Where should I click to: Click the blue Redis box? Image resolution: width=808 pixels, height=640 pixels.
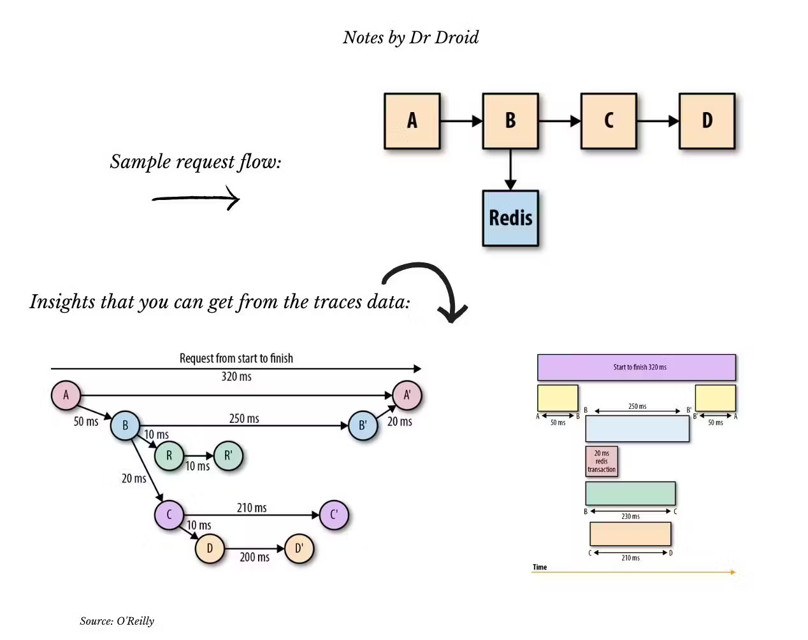(x=510, y=218)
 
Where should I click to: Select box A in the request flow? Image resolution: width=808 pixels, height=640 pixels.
(x=412, y=121)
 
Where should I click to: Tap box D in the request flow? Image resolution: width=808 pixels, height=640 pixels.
(x=707, y=121)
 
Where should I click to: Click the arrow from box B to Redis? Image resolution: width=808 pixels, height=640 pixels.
(x=510, y=169)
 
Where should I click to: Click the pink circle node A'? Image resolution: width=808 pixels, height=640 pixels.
(x=407, y=395)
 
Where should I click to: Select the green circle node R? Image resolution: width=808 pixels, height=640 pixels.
(x=170, y=456)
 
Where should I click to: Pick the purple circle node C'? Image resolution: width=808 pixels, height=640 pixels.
(x=334, y=515)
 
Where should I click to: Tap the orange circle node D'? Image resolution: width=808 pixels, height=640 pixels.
(x=299, y=548)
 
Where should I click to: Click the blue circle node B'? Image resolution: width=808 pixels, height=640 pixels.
(x=363, y=425)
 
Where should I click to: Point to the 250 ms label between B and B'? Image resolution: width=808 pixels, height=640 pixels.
(x=244, y=418)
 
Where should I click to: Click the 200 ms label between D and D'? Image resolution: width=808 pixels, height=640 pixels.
(x=254, y=557)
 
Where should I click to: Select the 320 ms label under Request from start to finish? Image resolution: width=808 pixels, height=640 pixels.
(x=236, y=376)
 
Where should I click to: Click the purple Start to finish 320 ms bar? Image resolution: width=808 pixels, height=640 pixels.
(x=636, y=367)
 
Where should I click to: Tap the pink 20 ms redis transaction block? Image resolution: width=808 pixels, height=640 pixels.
(x=602, y=461)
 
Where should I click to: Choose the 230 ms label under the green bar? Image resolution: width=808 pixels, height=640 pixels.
(x=630, y=516)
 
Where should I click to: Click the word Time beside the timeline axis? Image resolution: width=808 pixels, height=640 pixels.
(x=540, y=567)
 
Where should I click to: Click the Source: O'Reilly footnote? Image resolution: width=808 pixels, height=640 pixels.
(x=117, y=621)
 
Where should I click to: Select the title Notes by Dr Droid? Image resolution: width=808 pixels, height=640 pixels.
(x=410, y=38)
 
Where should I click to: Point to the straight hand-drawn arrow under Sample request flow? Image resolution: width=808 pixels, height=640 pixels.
(x=196, y=199)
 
